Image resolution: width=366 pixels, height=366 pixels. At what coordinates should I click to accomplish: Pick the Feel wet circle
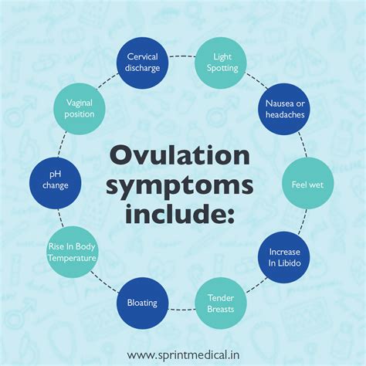pos(304,185)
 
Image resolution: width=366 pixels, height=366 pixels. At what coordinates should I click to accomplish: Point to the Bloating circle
pos(143,303)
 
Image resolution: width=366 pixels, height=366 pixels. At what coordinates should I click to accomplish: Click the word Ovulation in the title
pos(181,154)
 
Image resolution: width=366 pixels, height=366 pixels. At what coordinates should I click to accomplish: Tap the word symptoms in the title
pos(180,187)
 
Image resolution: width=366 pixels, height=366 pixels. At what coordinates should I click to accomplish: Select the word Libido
pos(284,263)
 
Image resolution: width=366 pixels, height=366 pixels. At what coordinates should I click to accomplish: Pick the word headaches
pos(284,115)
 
